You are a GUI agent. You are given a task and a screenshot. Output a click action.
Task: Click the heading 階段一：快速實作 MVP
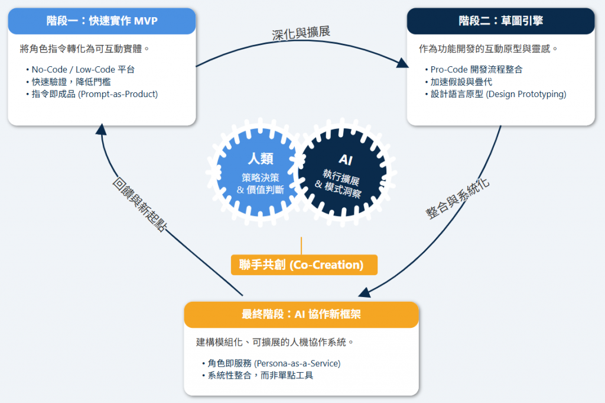click(102, 21)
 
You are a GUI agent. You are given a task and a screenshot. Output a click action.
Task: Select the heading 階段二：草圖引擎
click(500, 21)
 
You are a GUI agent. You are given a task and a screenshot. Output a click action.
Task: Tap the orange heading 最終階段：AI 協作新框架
click(301, 315)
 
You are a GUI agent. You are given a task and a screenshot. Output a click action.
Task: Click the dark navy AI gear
click(344, 174)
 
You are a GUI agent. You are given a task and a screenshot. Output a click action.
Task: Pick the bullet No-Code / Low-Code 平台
click(83, 69)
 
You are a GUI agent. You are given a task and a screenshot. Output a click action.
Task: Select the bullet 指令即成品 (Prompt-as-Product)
click(95, 94)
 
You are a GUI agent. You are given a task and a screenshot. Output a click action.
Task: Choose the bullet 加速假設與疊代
click(461, 82)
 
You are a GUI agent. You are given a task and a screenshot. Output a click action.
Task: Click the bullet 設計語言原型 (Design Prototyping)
click(498, 94)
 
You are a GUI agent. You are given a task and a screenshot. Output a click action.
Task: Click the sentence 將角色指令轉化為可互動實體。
click(84, 49)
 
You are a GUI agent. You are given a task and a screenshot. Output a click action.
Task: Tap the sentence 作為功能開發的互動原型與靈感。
click(489, 49)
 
